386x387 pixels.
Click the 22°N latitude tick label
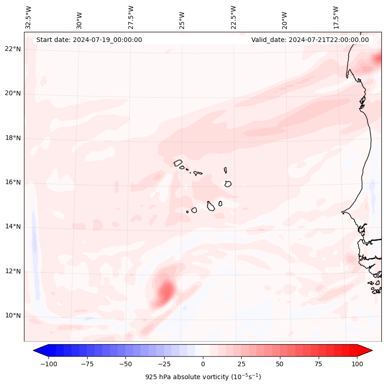pyautogui.click(x=13, y=49)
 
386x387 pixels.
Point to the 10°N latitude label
pyautogui.click(x=13, y=316)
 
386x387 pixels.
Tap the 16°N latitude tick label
pyautogui.click(x=13, y=183)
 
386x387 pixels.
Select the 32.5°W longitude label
pyautogui.click(x=29, y=18)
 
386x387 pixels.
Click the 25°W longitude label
pyautogui.click(x=182, y=18)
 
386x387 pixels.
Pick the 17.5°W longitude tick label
pyautogui.click(x=336, y=18)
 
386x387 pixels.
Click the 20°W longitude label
pyautogui.click(x=285, y=18)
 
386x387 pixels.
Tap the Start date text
pyautogui.click(x=89, y=40)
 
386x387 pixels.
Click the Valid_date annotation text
pyautogui.click(x=310, y=40)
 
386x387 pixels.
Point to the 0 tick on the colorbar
pyautogui.click(x=203, y=364)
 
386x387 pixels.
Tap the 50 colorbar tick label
pyautogui.click(x=280, y=364)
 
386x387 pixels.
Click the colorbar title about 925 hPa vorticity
pyautogui.click(x=203, y=377)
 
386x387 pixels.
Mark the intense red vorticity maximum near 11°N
pyautogui.click(x=166, y=291)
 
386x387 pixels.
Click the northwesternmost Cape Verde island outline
pyautogui.click(x=178, y=163)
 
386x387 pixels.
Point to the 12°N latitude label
pyautogui.click(x=13, y=272)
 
